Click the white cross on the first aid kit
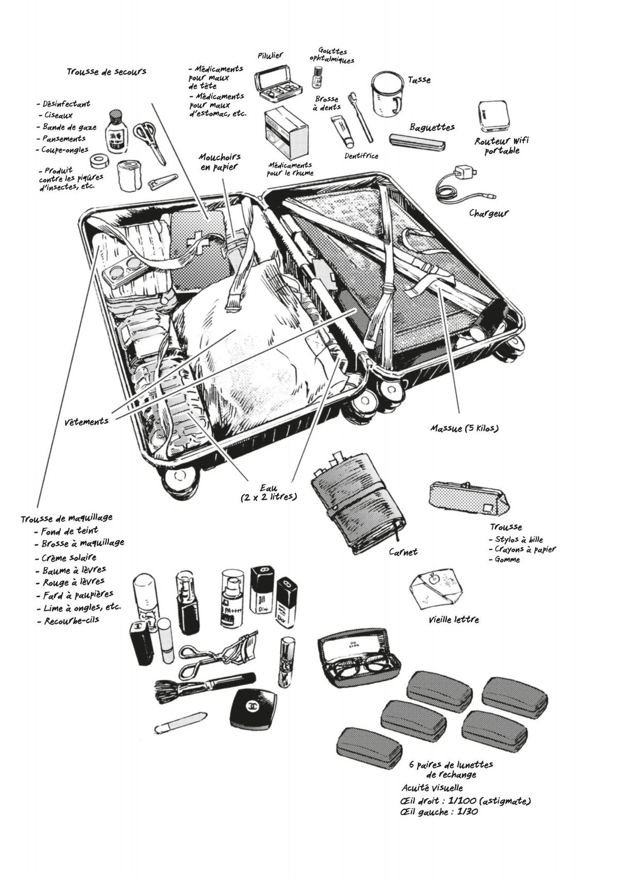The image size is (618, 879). click(x=194, y=241)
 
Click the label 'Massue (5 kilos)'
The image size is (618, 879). click(x=465, y=427)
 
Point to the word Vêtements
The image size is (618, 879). click(x=87, y=421)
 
